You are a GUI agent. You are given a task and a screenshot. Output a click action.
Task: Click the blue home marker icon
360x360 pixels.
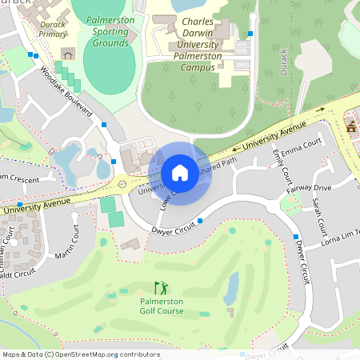[179, 173]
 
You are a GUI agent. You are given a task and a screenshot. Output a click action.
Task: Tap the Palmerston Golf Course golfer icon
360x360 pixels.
[161, 287]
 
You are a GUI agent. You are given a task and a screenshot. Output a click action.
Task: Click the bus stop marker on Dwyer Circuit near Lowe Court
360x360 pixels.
[200, 220]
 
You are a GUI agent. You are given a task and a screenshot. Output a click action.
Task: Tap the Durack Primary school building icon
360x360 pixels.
[68, 54]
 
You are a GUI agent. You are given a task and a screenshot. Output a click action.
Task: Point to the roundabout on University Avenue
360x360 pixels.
[121, 184]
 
